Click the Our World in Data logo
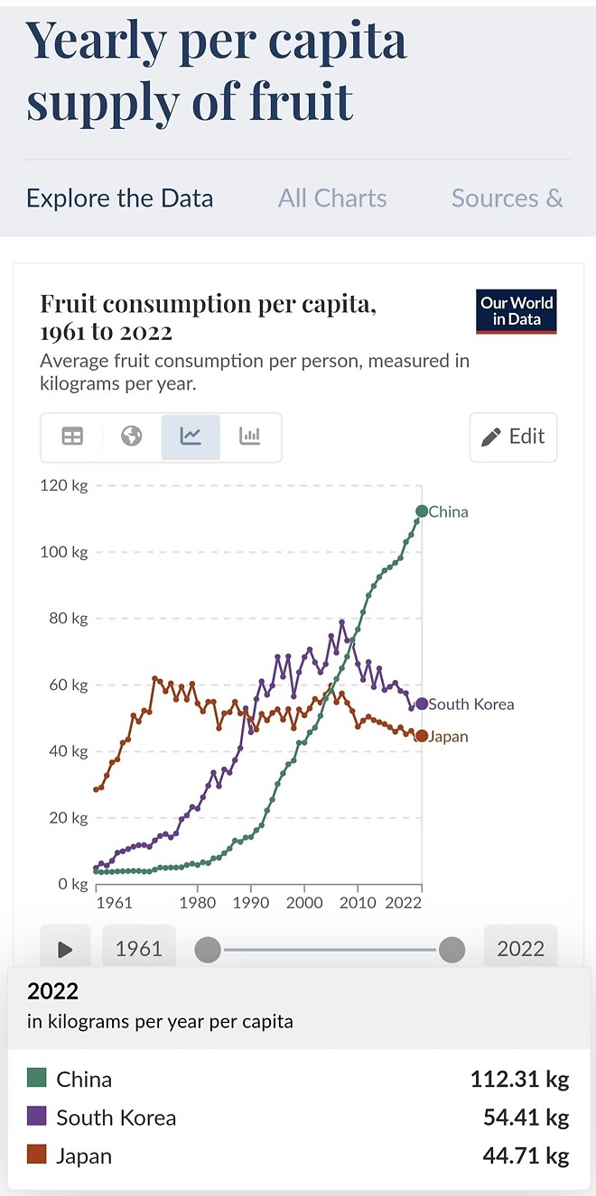[517, 311]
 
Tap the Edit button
[513, 437]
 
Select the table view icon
[72, 437]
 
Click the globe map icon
[132, 437]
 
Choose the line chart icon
[191, 437]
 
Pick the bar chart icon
[249, 437]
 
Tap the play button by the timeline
[65, 949]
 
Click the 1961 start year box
[138, 949]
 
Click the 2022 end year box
[520, 949]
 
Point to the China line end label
[448, 511]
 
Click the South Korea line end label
[470, 704]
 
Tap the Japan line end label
[448, 737]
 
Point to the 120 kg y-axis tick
[65, 486]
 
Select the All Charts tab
[332, 198]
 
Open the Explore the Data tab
[120, 198]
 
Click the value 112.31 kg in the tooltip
[519, 1080]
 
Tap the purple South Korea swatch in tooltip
[37, 1118]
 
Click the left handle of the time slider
[208, 949]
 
